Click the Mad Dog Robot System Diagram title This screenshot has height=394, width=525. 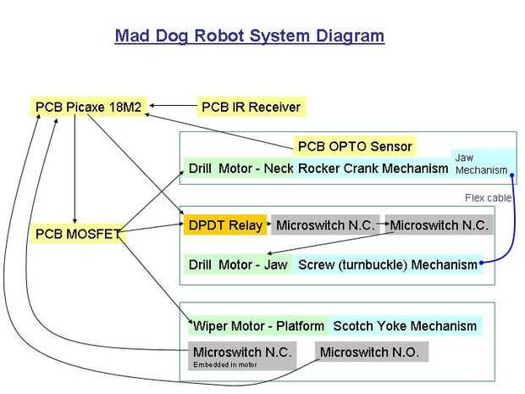click(249, 36)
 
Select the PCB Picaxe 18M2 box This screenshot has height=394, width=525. click(88, 108)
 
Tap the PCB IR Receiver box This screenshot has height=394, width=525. click(251, 108)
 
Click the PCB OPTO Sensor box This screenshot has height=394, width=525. click(355, 146)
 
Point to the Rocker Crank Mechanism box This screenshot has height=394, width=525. click(373, 169)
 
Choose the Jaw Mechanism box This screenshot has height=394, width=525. click(480, 164)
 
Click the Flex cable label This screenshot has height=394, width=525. click(489, 198)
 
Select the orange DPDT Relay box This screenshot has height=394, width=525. click(224, 225)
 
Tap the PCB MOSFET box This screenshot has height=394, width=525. click(75, 233)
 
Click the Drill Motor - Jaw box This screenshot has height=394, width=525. click(238, 265)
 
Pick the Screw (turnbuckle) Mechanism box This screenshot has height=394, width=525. click(387, 265)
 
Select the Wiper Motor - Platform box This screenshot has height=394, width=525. click(258, 325)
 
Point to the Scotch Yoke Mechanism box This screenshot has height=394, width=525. click(406, 325)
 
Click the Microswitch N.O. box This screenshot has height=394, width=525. click(370, 352)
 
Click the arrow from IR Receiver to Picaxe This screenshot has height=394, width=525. click(172, 107)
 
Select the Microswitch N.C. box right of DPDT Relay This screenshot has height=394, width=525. click(324, 225)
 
